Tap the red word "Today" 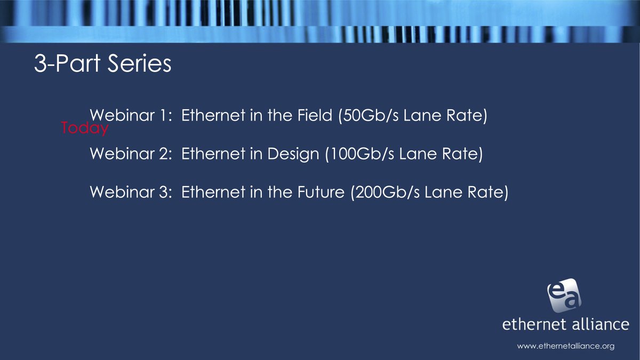click(85, 128)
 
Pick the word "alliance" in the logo click(600, 324)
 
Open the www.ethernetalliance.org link click(566, 346)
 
